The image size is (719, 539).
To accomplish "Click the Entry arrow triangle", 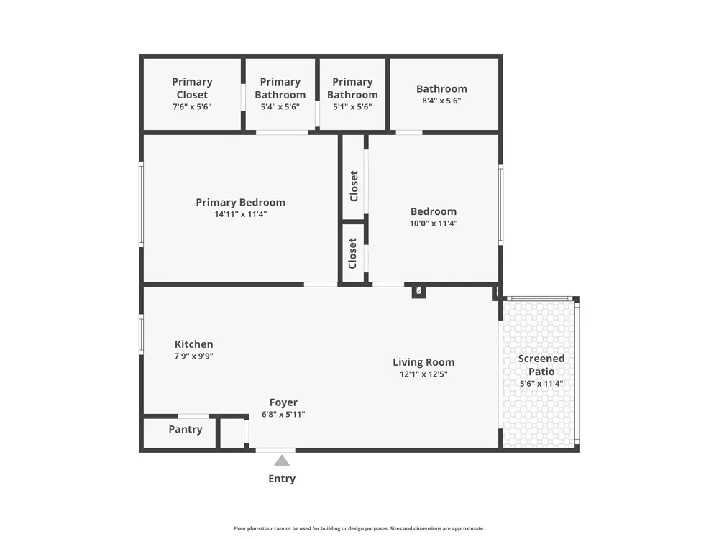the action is [282, 461].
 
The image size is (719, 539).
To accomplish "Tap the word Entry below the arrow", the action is [282, 479].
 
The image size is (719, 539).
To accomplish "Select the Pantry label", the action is [186, 430].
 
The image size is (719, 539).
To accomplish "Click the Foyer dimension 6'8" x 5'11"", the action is [283, 415].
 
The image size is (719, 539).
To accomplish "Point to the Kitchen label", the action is [193, 344].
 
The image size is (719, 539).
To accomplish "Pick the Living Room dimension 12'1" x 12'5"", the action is [423, 374].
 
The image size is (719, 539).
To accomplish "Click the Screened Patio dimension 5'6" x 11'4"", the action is [541, 384].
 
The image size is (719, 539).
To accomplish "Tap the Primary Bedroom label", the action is [241, 203].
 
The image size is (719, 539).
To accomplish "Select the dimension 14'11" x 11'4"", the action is [241, 214].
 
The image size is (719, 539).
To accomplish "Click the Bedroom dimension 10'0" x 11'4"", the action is [434, 224].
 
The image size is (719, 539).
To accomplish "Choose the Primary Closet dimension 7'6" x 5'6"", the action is [192, 107].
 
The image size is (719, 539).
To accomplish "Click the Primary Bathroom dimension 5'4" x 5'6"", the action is [280, 107].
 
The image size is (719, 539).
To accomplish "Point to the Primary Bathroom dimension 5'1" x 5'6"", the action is [352, 107].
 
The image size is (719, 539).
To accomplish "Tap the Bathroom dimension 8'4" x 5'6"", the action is [441, 101].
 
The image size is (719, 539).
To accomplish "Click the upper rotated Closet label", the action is [354, 186].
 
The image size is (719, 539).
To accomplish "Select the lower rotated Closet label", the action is [352, 254].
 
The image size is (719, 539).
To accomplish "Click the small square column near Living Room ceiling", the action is [418, 291].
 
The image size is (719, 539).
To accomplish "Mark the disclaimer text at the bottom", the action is [359, 528].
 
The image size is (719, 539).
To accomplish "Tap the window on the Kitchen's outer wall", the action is [141, 334].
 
